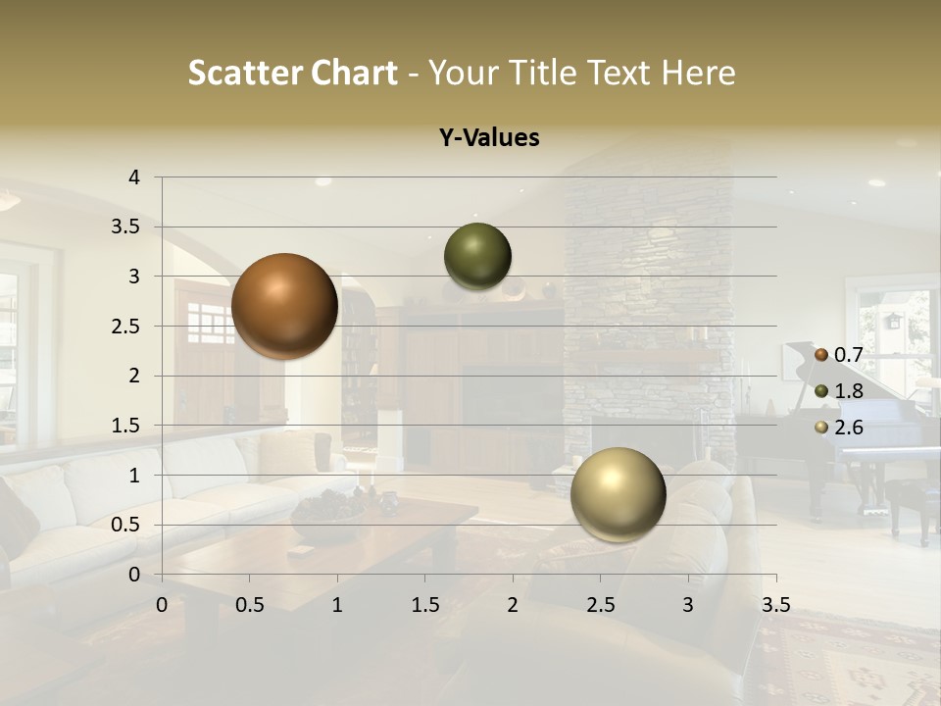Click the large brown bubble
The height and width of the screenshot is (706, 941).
tap(284, 306)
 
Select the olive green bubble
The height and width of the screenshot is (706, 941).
tap(477, 257)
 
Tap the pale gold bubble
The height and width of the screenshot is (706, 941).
tap(618, 494)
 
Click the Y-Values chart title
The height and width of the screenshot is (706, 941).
tap(489, 138)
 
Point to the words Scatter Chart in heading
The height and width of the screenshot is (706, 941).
tap(293, 73)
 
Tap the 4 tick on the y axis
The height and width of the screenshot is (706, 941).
tap(134, 177)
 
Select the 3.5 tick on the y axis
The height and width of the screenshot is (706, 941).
tap(126, 227)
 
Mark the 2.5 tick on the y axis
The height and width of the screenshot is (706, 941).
tap(126, 326)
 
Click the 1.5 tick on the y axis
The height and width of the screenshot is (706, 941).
tap(126, 425)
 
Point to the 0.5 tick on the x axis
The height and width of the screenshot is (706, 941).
tap(250, 605)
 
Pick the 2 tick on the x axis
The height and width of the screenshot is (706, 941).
tap(513, 605)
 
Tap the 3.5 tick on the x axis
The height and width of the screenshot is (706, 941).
tap(776, 605)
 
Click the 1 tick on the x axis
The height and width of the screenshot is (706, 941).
tap(337, 605)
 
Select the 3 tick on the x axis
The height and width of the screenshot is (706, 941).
tap(688, 605)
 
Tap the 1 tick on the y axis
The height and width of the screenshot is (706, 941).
tap(134, 475)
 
